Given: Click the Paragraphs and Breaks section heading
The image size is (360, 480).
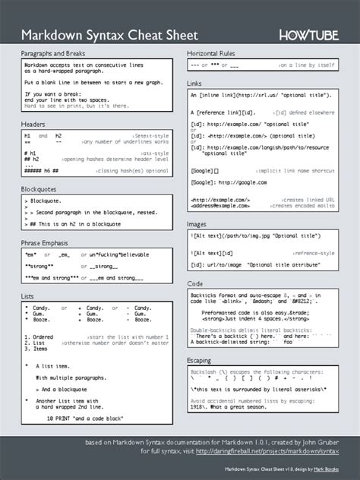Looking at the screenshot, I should (x=54, y=55).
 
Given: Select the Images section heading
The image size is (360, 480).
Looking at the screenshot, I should (x=197, y=224).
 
